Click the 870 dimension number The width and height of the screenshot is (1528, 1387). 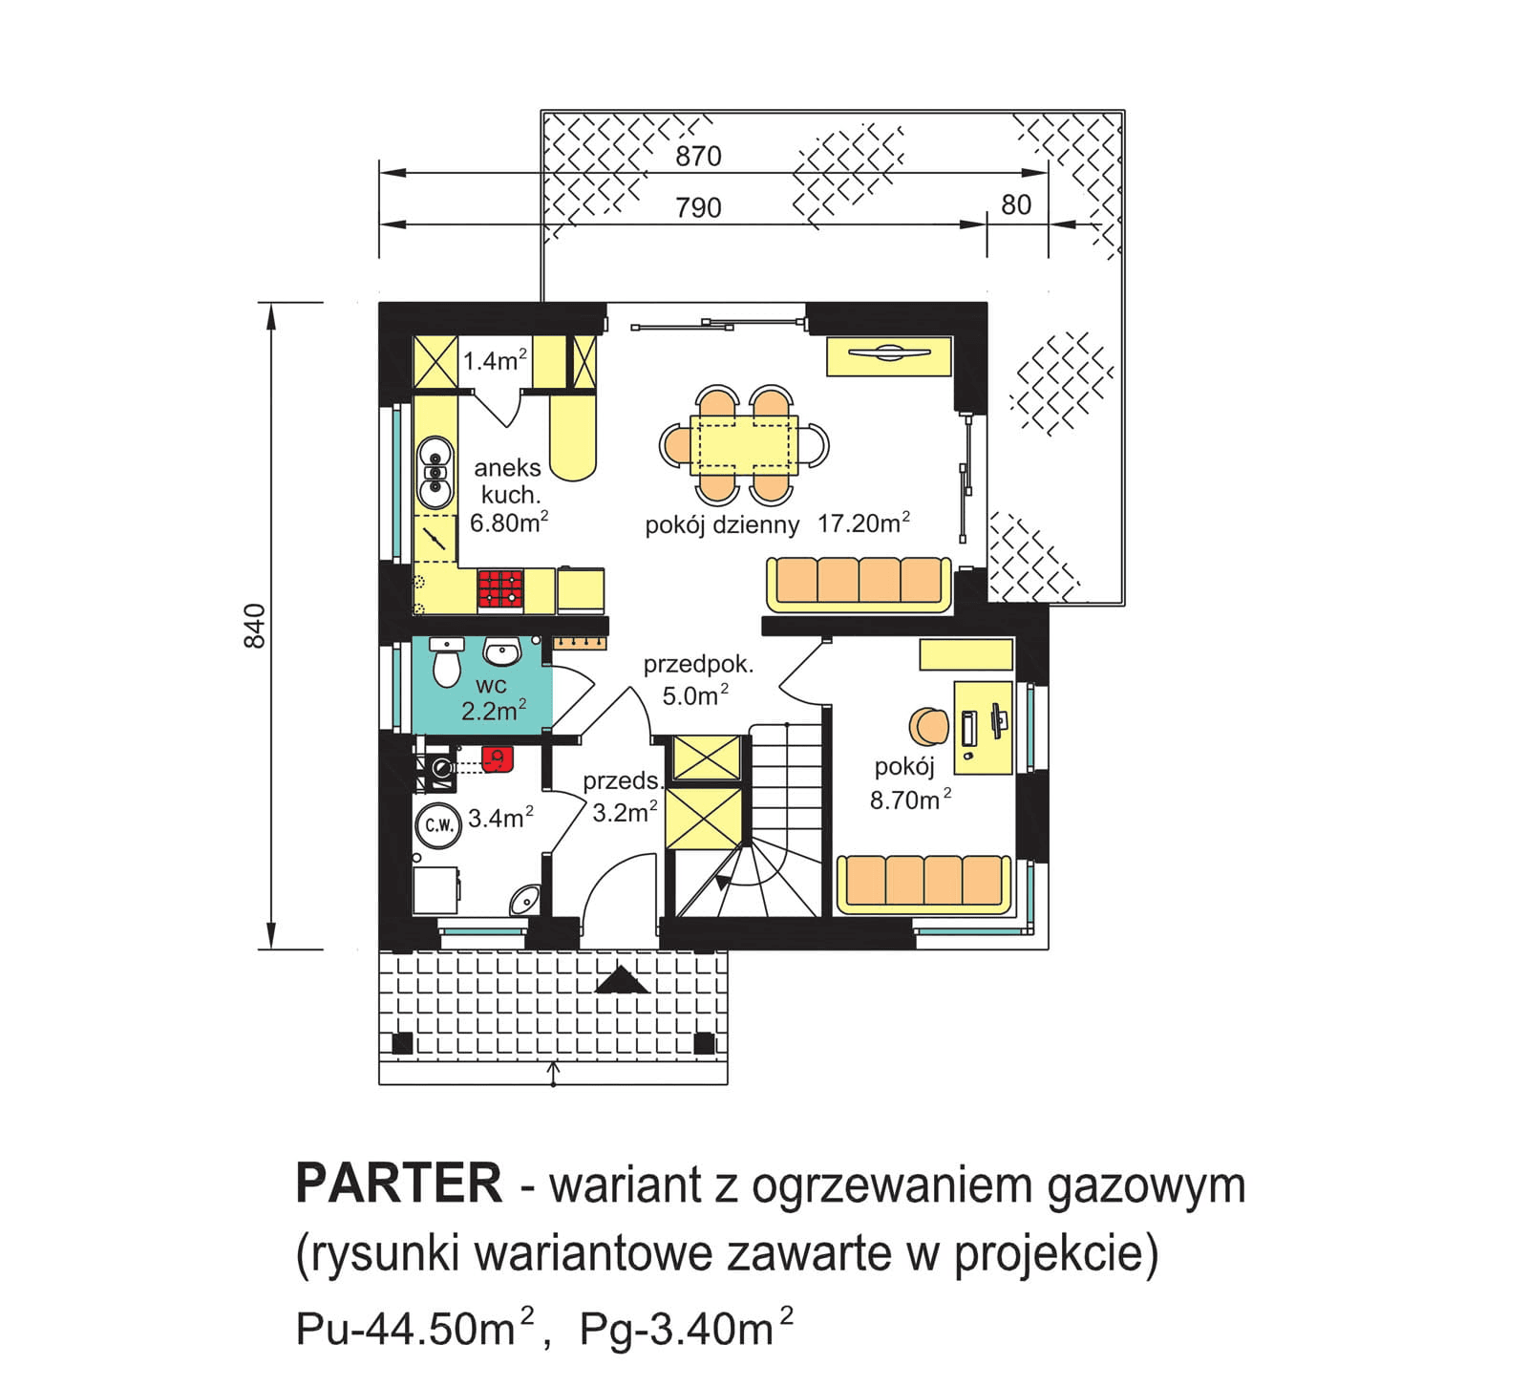point(697,157)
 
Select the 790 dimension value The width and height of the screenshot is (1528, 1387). point(697,208)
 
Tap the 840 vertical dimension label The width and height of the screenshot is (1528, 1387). point(255,627)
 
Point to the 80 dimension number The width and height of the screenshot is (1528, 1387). point(1015,205)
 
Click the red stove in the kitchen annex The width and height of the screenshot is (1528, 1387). point(500,589)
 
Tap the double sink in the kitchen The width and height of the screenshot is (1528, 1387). point(435,472)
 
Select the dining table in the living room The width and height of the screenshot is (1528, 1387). point(744,444)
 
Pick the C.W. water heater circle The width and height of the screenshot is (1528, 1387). point(438,825)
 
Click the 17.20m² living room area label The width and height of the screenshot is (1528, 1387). point(862,523)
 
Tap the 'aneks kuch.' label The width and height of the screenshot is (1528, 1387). point(508,480)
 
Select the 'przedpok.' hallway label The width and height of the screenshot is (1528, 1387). point(697,665)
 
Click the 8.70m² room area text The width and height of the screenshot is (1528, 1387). point(909,800)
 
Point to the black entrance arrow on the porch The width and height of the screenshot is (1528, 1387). point(622,980)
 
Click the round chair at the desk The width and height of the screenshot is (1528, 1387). point(927,727)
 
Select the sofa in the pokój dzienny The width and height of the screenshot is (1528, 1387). point(859,583)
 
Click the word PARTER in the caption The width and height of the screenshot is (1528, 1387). point(398,1184)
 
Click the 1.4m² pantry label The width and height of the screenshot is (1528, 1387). point(495,361)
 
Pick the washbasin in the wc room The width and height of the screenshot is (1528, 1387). point(501,652)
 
